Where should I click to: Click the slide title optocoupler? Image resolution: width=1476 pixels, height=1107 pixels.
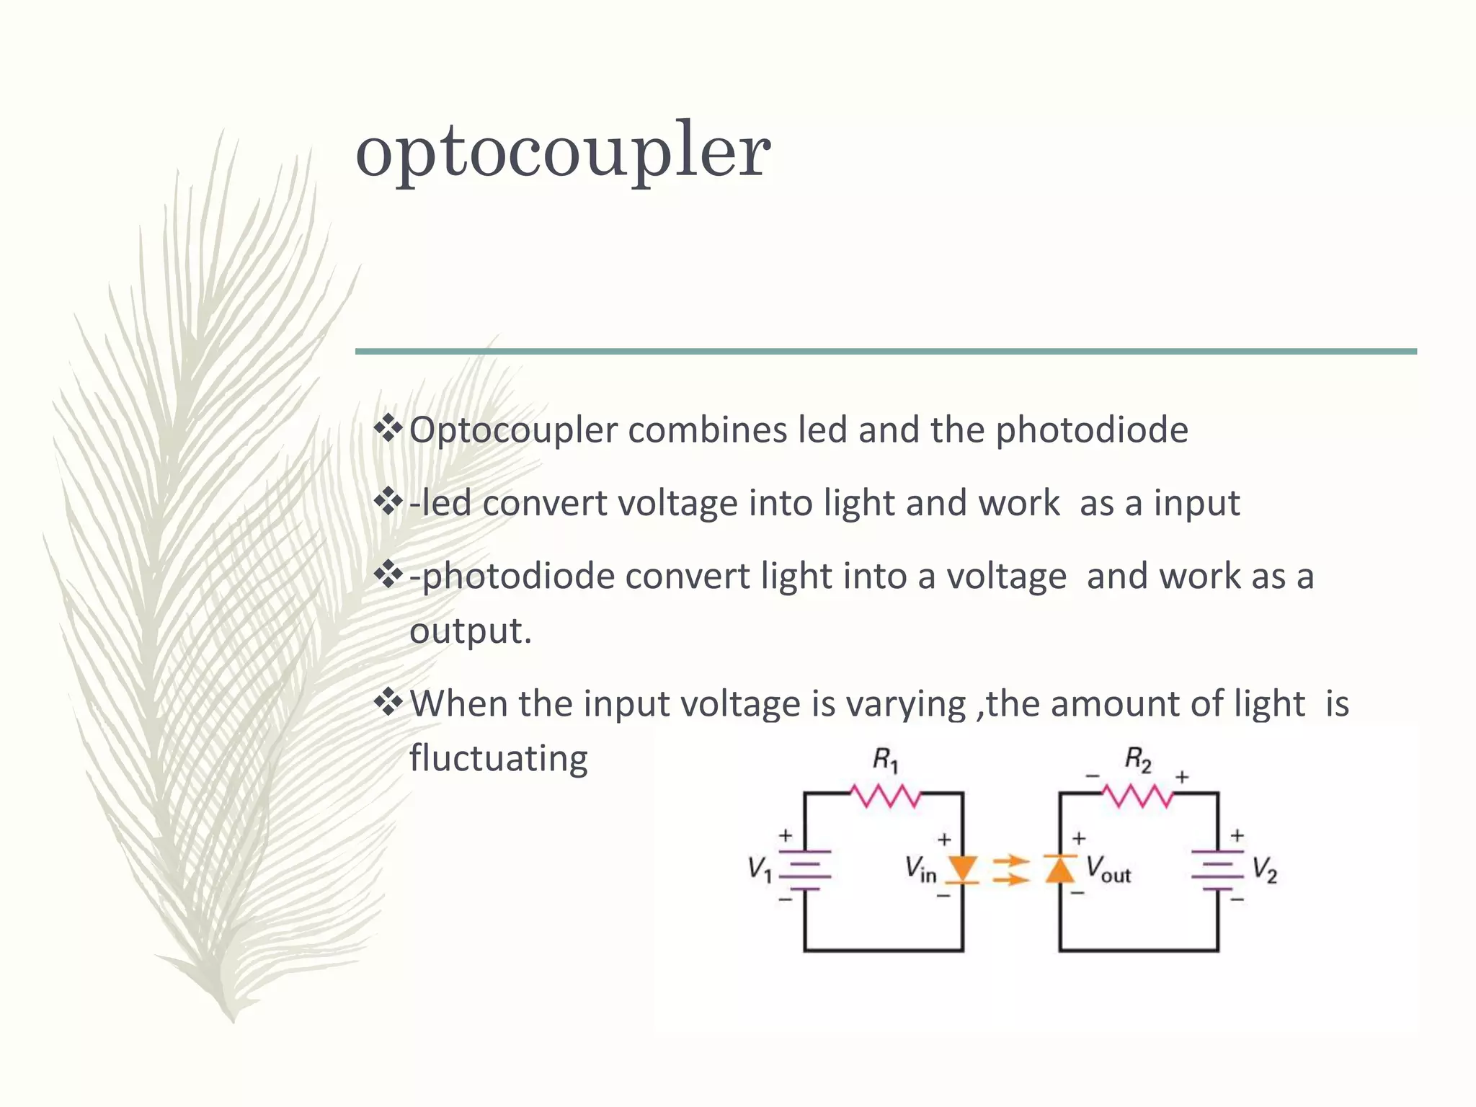pos(563,151)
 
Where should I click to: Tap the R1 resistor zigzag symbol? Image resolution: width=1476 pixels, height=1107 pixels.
pos(886,796)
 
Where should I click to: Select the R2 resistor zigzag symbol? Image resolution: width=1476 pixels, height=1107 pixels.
pos(1138,796)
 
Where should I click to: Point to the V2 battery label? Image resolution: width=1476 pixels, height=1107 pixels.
pos(1265,869)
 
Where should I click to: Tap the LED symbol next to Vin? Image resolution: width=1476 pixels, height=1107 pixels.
pos(962,869)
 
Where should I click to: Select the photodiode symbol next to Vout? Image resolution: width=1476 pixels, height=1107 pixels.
pos(1059,869)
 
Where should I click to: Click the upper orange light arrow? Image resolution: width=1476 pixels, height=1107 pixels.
pos(1010,861)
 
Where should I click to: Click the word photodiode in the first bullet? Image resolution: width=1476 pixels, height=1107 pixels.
pos(1092,430)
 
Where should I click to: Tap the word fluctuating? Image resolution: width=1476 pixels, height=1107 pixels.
pos(499,759)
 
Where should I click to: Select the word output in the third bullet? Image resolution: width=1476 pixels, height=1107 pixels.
pos(470,631)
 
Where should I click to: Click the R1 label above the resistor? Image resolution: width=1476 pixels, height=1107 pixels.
pos(886,760)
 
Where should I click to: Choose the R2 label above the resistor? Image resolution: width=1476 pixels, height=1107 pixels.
pos(1138,760)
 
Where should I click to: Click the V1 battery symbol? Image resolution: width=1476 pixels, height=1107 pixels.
pos(805,870)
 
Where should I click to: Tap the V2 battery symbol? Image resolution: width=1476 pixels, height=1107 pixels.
pos(1217,870)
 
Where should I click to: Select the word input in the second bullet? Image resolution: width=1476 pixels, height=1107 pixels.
pos(1196,503)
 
